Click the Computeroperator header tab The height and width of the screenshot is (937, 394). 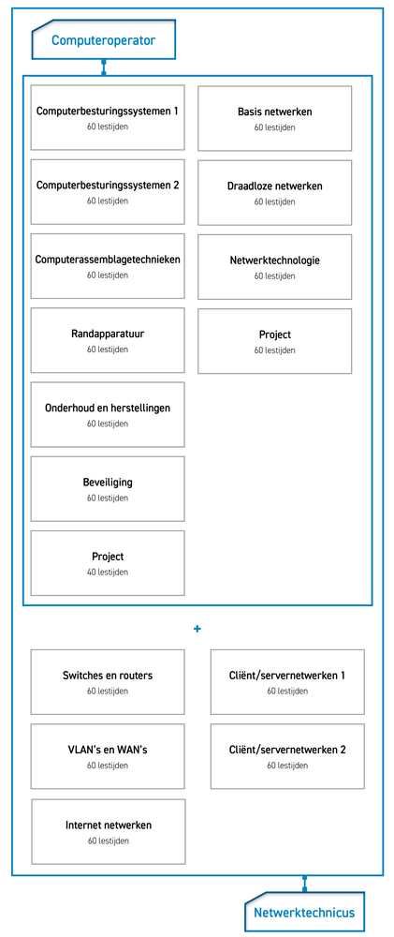click(103, 39)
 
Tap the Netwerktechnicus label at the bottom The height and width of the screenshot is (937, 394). click(304, 912)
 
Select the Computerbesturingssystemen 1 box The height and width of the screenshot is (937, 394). click(108, 118)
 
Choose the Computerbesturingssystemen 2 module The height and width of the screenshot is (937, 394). click(108, 192)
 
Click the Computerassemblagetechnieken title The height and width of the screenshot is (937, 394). click(108, 260)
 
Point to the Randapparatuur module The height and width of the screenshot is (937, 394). click(108, 340)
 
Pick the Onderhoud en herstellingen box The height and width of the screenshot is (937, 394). click(108, 414)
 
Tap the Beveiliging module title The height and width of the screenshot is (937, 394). click(108, 483)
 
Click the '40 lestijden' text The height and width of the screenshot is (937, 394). click(108, 572)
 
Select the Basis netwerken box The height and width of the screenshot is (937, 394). click(274, 118)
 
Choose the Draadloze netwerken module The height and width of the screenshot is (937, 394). click(274, 192)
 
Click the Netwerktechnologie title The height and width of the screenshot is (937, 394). click(274, 260)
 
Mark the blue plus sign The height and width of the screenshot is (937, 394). click(197, 629)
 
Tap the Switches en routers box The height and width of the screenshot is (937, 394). click(108, 682)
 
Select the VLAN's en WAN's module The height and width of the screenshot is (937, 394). click(108, 756)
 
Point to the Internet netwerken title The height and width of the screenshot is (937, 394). click(108, 825)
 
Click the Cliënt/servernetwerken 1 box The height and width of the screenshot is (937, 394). click(287, 682)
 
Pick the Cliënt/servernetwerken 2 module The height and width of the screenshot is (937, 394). click(287, 756)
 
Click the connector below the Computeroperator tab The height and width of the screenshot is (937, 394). click(103, 67)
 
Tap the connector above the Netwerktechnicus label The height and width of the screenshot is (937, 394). click(304, 885)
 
